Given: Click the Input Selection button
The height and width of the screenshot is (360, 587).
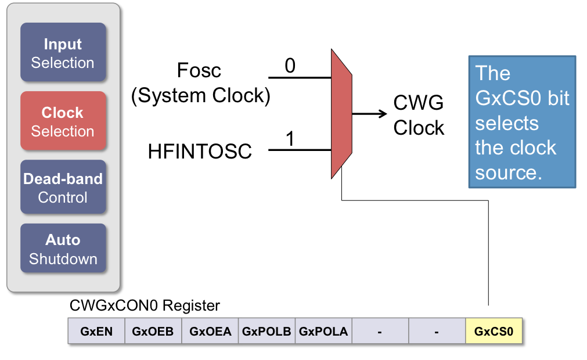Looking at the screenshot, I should click(x=63, y=53).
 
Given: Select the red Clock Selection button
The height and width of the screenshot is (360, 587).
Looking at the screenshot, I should click(x=63, y=121).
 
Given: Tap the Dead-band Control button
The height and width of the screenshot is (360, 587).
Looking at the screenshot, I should click(x=63, y=188).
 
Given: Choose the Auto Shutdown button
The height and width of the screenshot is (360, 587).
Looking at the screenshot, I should click(x=63, y=249).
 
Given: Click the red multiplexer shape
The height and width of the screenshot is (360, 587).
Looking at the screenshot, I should click(x=341, y=114).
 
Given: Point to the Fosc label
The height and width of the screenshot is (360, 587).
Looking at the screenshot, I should click(x=199, y=71).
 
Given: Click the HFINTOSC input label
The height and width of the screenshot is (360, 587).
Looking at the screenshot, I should click(x=200, y=152).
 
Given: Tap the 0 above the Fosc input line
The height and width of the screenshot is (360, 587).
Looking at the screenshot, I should click(x=290, y=66).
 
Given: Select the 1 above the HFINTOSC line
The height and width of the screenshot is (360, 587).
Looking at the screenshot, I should click(x=290, y=139).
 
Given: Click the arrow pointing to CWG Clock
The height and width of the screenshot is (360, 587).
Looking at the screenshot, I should click(x=366, y=114).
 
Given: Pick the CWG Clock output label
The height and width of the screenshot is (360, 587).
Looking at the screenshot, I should click(x=419, y=116).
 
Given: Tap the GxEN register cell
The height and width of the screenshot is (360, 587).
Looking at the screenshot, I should click(x=96, y=332).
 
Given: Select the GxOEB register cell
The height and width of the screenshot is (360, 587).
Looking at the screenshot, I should click(x=153, y=332).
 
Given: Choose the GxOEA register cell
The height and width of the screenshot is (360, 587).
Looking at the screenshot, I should click(x=210, y=332).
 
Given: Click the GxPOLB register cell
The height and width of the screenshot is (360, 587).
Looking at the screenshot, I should click(x=267, y=332).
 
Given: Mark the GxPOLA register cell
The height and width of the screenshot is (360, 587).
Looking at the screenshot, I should click(x=323, y=332).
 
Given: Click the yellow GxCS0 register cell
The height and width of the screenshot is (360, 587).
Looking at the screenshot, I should click(x=494, y=332).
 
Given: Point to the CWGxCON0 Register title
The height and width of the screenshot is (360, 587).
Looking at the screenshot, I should click(x=145, y=305).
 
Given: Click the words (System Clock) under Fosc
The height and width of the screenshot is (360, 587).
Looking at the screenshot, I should click(x=201, y=95).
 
